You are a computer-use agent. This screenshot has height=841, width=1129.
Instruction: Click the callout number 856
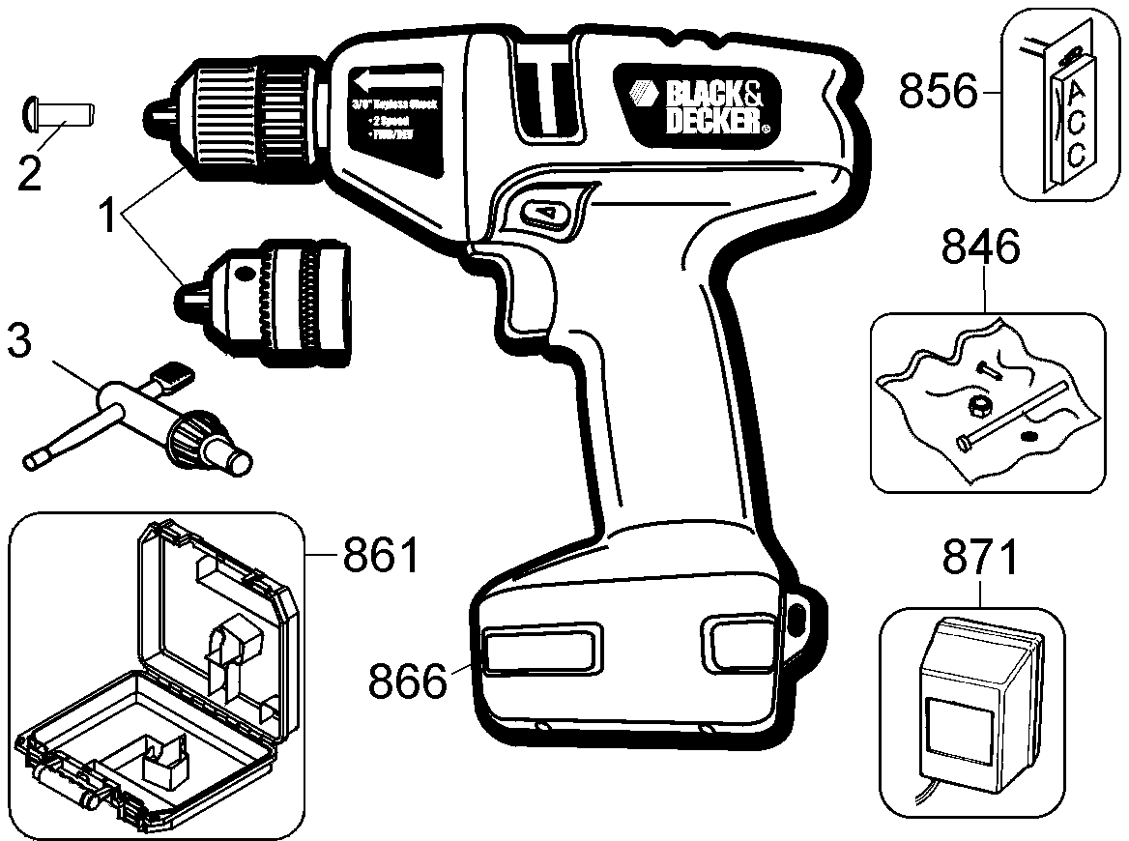point(939,93)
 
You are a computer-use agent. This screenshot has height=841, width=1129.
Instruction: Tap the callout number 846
point(982,250)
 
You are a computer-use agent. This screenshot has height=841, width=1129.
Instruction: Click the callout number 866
point(408,681)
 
